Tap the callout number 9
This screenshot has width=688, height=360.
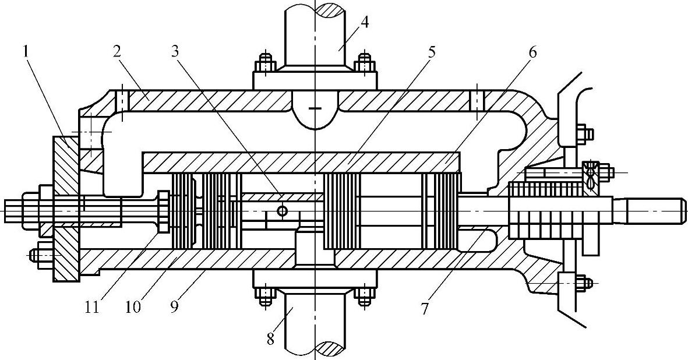175,306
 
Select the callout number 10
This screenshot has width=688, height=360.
133,306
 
